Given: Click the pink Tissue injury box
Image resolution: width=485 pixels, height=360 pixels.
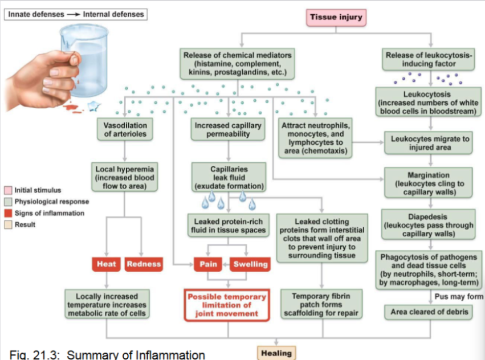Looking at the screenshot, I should (336, 17).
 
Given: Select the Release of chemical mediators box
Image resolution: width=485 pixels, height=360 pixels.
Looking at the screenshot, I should (237, 64).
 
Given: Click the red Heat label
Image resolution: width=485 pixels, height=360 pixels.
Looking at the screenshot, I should (107, 264).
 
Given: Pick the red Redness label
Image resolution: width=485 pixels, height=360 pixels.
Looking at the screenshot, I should (144, 264).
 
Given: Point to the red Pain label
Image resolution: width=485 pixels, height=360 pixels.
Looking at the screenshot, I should (209, 264).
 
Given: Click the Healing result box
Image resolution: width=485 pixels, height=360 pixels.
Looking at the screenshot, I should (277, 353).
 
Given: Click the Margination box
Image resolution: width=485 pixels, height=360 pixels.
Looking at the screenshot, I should (429, 183).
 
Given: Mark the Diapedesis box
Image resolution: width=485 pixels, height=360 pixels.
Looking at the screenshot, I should (429, 225).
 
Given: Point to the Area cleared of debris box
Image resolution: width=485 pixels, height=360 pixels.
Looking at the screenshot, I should (429, 312).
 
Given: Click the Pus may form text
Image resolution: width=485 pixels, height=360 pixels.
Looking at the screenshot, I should (459, 296).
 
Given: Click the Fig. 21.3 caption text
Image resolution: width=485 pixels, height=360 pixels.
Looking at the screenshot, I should (103, 354).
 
